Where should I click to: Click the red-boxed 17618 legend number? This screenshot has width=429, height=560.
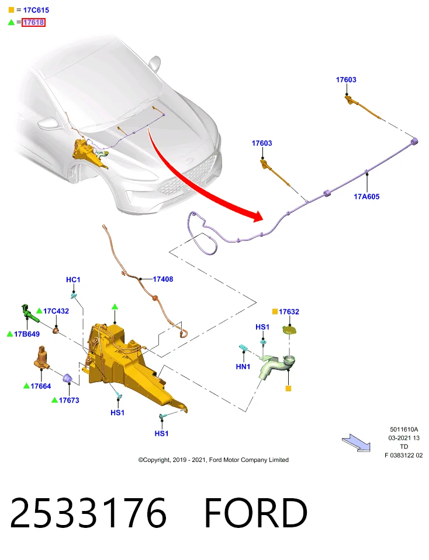[34, 23]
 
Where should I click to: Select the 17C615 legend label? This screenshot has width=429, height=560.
[36, 10]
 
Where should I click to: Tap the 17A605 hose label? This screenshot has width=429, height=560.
[366, 197]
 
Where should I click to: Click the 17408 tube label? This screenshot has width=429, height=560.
[163, 279]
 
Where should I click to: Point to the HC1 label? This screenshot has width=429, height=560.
[73, 279]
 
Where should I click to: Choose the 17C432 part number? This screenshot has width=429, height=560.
[56, 311]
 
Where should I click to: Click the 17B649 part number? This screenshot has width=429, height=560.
[27, 334]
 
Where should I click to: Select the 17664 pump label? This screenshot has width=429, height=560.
[41, 386]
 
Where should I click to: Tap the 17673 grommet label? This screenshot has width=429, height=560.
[69, 400]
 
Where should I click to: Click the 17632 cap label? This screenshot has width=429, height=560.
[289, 311]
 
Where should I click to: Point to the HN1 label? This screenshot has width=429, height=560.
[243, 367]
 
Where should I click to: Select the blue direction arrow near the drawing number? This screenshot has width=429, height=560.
[357, 443]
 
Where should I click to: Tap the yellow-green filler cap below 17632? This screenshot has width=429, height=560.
[289, 330]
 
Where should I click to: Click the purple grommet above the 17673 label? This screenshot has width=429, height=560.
[68, 379]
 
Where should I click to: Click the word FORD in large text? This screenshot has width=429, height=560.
[255, 513]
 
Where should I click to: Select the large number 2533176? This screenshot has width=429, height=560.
[88, 513]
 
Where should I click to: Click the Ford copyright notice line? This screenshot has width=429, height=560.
[213, 460]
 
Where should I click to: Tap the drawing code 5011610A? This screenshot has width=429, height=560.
[404, 429]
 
